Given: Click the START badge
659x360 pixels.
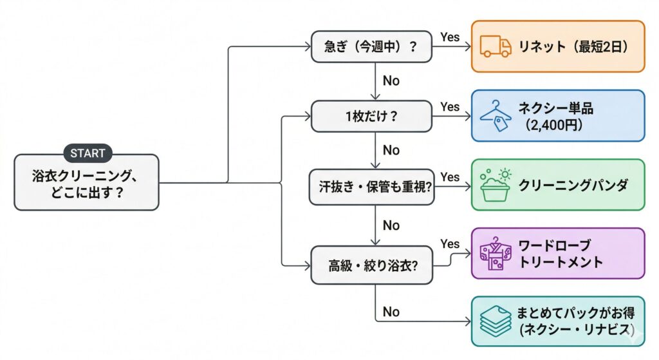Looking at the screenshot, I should pos(88,153).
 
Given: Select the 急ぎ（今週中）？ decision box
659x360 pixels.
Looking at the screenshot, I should pos(372,46).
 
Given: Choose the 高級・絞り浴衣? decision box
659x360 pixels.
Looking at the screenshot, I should pos(372,264).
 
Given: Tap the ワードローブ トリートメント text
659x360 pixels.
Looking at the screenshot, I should pos(561,254).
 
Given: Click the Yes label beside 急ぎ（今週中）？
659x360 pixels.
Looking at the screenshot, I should pos(450,37).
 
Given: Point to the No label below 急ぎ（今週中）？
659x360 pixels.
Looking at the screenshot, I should pos(391,82).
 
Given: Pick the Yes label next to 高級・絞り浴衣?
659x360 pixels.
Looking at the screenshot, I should pos(450,244).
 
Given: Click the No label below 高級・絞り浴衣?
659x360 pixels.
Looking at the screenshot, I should pos(391,312).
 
